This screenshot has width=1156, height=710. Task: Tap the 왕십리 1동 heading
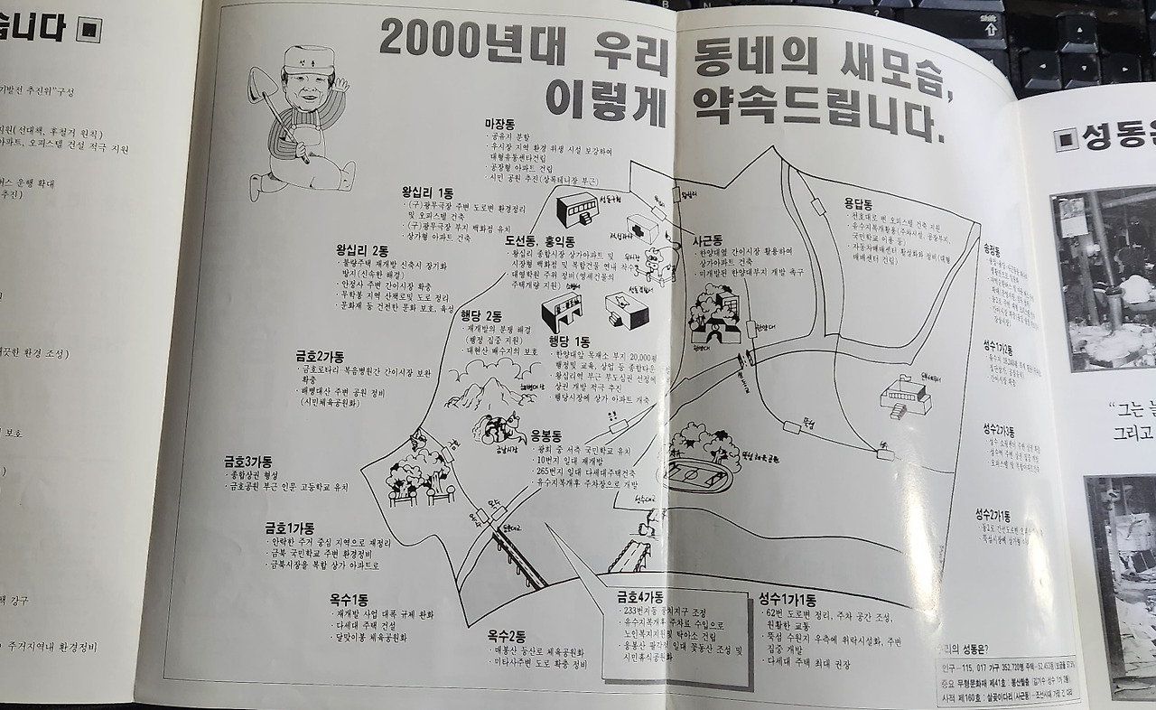428,192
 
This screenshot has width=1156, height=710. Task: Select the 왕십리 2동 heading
361,250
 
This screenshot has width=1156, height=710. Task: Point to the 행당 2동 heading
481,316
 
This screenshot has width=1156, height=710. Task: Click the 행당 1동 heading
569,341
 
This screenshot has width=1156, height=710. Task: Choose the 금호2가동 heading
319,356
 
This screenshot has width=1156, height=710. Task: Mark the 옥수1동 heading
349,599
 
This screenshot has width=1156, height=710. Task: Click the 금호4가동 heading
639,597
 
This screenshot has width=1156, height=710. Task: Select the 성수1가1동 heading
787,599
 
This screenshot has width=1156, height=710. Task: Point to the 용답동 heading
863,204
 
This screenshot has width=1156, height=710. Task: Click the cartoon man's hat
299,62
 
